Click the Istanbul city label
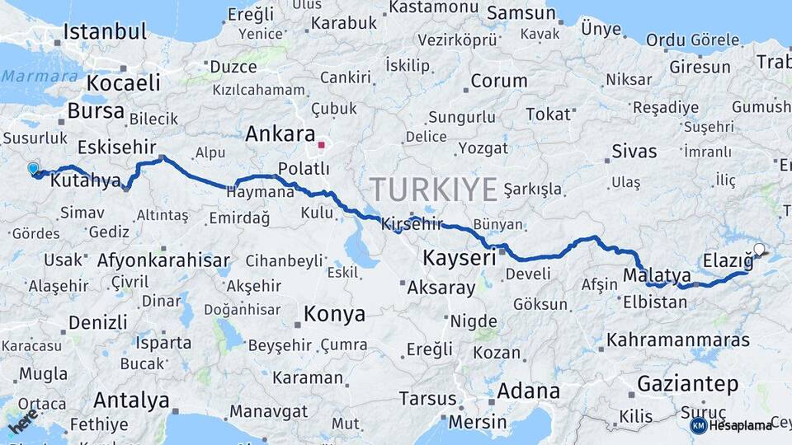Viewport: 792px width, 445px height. coord(105,32)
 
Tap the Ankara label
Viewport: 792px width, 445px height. coord(280,133)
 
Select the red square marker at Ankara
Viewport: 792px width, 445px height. coord(322,145)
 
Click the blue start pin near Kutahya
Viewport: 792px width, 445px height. coord(33,169)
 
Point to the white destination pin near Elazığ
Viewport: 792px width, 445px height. coord(759,248)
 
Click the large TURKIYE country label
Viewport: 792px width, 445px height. coord(433,190)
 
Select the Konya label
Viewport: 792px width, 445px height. coord(334,314)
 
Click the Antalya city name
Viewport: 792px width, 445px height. coord(131,401)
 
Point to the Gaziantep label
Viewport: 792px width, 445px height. coord(687,383)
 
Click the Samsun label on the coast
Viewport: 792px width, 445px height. coord(521,13)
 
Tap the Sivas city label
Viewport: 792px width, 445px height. coord(634,151)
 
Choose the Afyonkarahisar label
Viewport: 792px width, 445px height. coord(163,261)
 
